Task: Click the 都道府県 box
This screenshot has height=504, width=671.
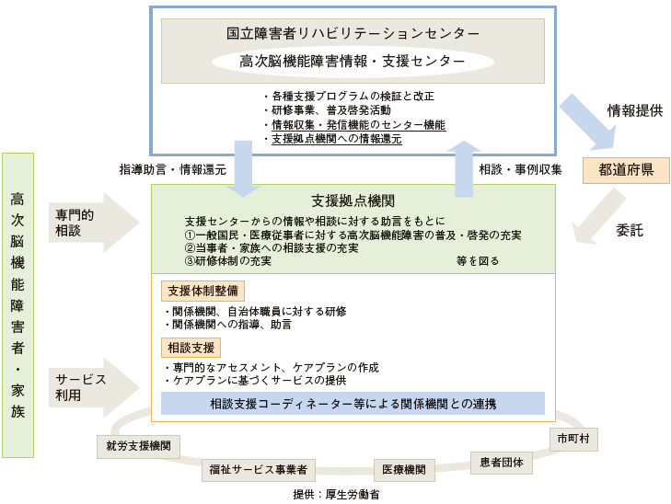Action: coord(626,170)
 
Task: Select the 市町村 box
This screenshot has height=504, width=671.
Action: coord(573,439)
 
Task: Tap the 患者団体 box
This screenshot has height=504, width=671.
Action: coord(501,463)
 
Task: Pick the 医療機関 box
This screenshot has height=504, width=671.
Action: coord(404,470)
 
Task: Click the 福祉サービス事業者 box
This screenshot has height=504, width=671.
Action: coord(259,470)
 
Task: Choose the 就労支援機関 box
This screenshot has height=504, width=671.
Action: coord(138,447)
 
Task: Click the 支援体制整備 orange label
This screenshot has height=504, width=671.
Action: coord(202,292)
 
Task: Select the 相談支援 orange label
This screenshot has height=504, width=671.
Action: coord(191,348)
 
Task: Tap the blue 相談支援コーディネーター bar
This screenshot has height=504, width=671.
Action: coord(353,404)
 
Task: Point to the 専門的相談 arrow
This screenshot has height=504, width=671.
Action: coord(94,223)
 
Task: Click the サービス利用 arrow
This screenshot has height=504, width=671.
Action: coord(94,387)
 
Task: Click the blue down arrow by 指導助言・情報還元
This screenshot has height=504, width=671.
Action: coord(244,169)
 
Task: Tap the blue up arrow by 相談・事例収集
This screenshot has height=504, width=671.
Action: coord(464,169)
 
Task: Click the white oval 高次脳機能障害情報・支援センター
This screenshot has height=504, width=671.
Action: coord(353,62)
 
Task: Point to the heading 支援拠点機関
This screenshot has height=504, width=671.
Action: coord(353,200)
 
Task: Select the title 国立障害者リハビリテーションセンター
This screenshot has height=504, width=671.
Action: coord(353,33)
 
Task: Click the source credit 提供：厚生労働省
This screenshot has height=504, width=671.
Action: coord(336,495)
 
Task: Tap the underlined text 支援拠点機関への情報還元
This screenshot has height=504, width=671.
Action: coord(337,139)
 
